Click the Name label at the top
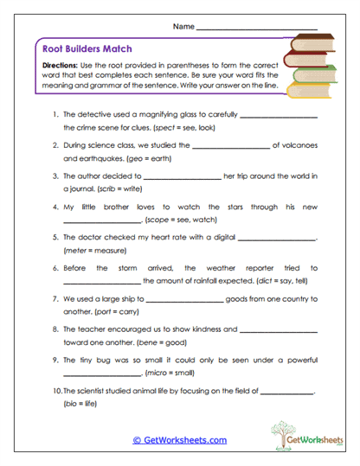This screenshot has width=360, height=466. coord(183,27)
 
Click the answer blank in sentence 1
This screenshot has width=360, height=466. coord(279,116)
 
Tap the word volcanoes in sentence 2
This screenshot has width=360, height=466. coord(300,146)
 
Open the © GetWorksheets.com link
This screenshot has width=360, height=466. coord(179,440)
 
